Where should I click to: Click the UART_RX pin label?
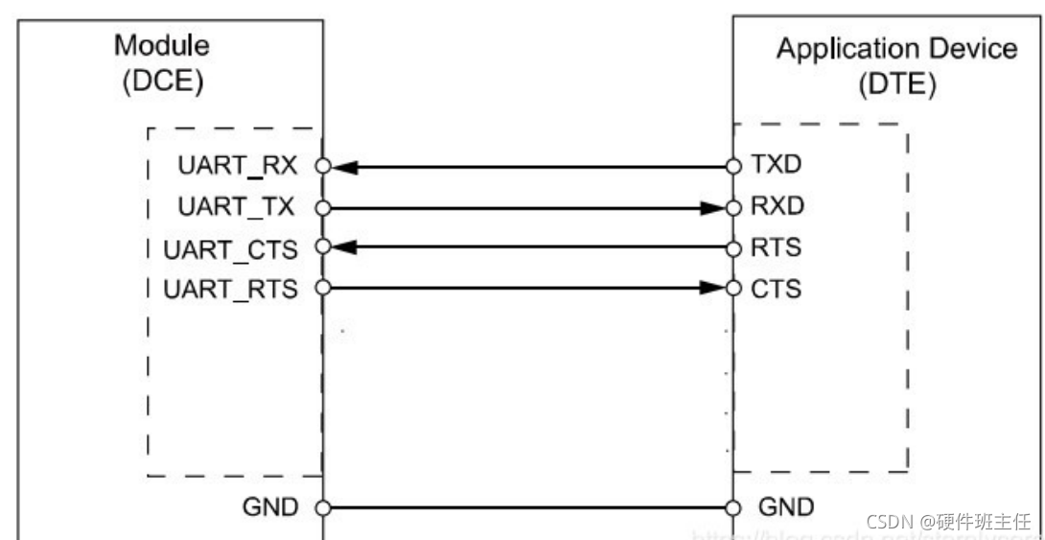click(237, 165)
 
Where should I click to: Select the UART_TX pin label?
click(237, 205)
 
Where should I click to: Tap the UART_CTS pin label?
click(230, 247)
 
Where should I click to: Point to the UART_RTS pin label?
click(230, 288)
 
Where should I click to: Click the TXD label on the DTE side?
click(777, 165)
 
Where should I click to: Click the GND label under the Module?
click(270, 506)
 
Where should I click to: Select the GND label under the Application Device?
click(785, 506)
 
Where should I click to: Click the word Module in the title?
click(162, 45)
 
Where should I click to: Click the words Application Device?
click(896, 49)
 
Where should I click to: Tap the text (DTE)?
click(896, 84)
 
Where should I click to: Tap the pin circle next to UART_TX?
click(323, 206)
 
